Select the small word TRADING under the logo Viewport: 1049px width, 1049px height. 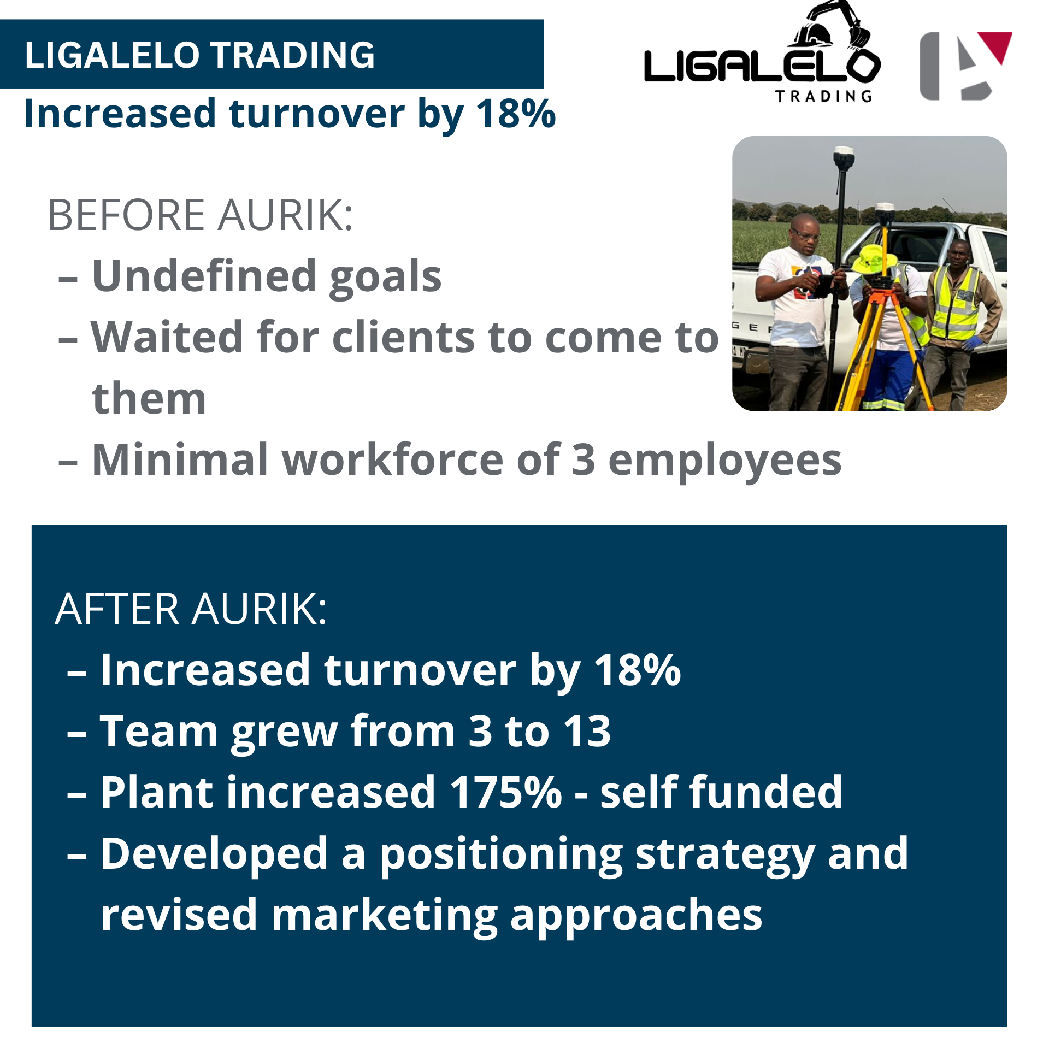[x=824, y=97]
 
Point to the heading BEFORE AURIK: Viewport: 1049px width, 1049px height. [x=201, y=215]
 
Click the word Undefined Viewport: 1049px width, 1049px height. [x=204, y=276]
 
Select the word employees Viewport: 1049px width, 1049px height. [x=724, y=461]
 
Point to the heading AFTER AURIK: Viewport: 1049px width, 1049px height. [x=191, y=609]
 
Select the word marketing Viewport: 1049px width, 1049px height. [x=384, y=916]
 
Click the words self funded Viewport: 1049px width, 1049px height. [x=721, y=792]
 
